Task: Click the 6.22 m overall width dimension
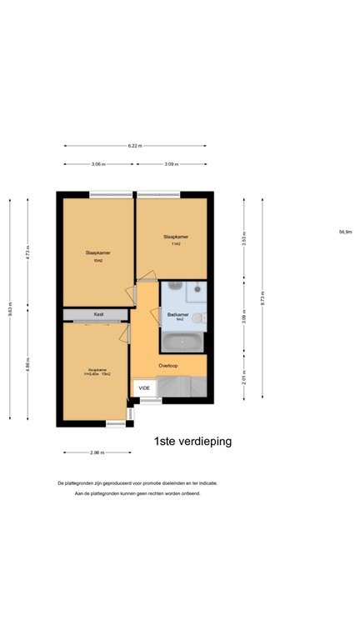(x=134, y=146)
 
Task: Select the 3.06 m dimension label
(x=97, y=164)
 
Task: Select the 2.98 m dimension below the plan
(x=97, y=452)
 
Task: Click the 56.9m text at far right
(x=345, y=232)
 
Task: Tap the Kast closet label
(x=97, y=314)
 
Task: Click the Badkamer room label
(x=177, y=314)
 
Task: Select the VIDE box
(x=144, y=388)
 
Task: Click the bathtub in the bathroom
(x=182, y=341)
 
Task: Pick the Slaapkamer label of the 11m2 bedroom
(x=175, y=237)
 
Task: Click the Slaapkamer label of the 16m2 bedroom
(x=98, y=252)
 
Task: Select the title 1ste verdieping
(x=192, y=441)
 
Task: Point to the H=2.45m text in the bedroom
(x=92, y=373)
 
